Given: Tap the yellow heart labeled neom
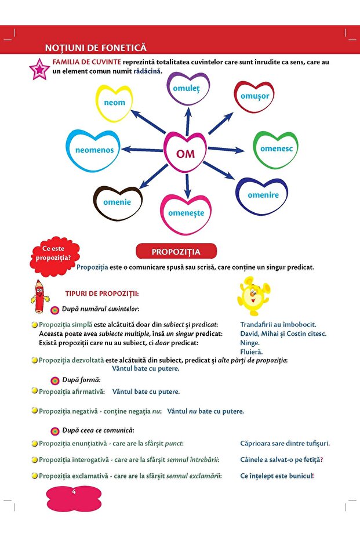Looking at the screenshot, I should pos(114,103).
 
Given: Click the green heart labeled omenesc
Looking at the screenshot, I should pos(276,149).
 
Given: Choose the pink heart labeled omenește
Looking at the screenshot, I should pos(186,213).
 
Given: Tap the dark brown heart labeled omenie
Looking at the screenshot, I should pos(117,203).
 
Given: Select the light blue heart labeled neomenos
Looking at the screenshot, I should pos(94,150).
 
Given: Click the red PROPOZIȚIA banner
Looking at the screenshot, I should pos(176,252).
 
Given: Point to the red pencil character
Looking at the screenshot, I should pos(39,296).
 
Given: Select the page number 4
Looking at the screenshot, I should pos(74,492).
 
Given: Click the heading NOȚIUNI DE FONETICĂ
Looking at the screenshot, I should pos(96,48).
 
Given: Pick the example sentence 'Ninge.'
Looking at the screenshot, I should pos(250,343).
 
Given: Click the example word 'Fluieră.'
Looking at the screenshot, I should pos(252,351).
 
